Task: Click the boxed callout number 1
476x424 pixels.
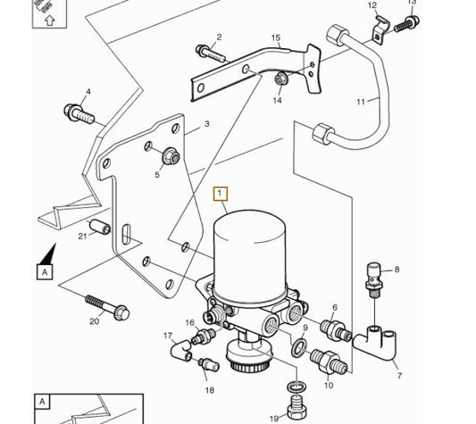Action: coord(220,194)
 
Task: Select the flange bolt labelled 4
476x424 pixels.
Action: coord(79,114)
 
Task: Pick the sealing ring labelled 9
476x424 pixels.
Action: coord(299,347)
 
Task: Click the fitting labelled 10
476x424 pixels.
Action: coord(328,362)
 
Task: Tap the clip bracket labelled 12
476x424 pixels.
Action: coord(380,29)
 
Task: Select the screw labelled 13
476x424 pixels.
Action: coord(406,24)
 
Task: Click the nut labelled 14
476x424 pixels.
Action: coord(280,79)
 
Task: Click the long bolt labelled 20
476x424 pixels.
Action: coord(107,307)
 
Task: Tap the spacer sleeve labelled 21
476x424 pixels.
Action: coord(100,228)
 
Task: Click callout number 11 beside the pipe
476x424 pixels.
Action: coord(360,102)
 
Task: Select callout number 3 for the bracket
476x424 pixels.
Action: coord(206,124)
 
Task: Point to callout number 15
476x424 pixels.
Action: coord(275,38)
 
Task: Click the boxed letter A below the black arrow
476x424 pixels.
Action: coord(45,272)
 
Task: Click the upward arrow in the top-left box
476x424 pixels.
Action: coord(49,21)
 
